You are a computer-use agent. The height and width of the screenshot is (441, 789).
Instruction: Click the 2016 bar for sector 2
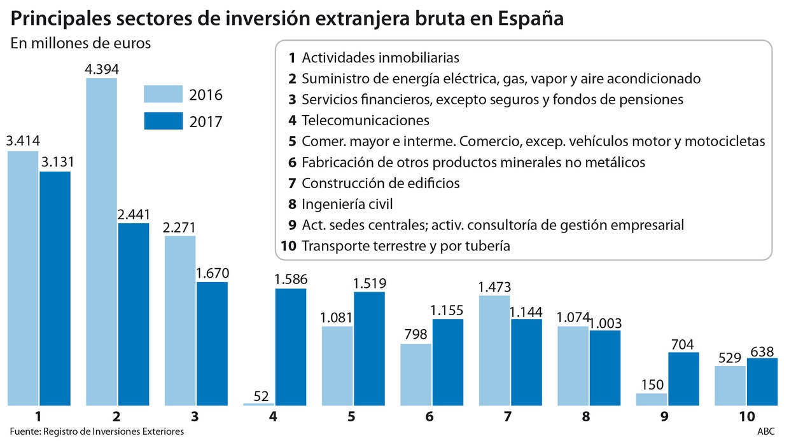point(101,241)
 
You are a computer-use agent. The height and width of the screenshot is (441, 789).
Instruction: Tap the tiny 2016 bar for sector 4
point(259,404)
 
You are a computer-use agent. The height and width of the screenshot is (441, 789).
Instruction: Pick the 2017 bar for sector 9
point(683,379)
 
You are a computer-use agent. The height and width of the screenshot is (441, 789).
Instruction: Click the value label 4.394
point(102,69)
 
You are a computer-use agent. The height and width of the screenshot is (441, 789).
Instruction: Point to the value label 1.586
point(291,279)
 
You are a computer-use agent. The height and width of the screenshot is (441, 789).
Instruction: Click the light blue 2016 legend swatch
point(163,94)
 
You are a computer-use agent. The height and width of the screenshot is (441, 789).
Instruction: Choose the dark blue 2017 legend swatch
point(163,121)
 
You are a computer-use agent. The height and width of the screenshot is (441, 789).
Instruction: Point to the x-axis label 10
point(746,417)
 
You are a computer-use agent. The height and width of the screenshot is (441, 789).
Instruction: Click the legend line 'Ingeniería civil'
point(347,204)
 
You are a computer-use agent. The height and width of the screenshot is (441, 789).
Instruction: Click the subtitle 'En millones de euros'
point(80,44)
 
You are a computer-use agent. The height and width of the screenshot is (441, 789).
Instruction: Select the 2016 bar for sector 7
point(494,350)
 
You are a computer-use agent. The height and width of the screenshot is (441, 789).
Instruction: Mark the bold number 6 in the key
point(292,162)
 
